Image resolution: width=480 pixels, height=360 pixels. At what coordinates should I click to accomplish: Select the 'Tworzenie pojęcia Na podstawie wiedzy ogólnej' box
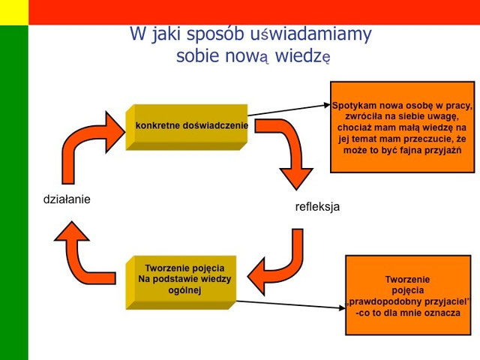pyautogui.click(x=185, y=280)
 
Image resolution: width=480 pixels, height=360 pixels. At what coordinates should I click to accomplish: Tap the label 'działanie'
pyautogui.click(x=66, y=199)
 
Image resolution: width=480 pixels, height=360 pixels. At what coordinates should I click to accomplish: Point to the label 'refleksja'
pyautogui.click(x=317, y=207)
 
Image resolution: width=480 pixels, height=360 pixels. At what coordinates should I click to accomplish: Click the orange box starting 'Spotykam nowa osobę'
pyautogui.click(x=402, y=127)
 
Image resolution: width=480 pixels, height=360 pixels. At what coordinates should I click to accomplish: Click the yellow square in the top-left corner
pyautogui.click(x=13, y=12)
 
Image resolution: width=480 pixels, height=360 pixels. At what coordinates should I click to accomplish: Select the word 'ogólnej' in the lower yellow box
pyautogui.click(x=185, y=290)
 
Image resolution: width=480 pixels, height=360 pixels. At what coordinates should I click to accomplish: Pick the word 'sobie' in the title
pyautogui.click(x=196, y=56)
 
